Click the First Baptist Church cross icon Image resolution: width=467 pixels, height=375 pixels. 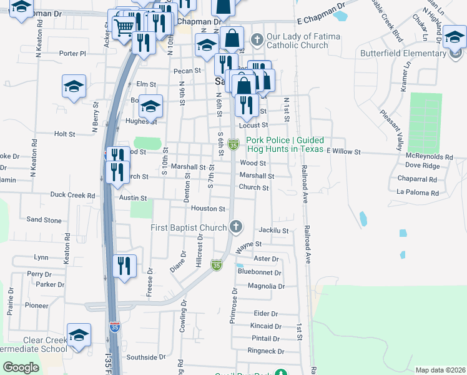click(x=235, y=226)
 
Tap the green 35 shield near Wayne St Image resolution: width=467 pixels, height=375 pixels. click(x=217, y=265)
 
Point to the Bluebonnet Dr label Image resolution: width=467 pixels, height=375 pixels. click(x=260, y=272)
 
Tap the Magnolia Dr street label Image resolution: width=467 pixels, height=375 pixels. click(x=266, y=286)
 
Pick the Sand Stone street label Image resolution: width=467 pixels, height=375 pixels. click(x=44, y=220)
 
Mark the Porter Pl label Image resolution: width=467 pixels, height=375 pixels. click(x=72, y=54)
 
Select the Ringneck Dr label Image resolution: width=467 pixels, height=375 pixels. click(x=266, y=351)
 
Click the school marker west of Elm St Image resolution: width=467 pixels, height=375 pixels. click(x=74, y=86)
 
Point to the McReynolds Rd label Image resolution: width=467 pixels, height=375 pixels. click(x=428, y=156)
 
